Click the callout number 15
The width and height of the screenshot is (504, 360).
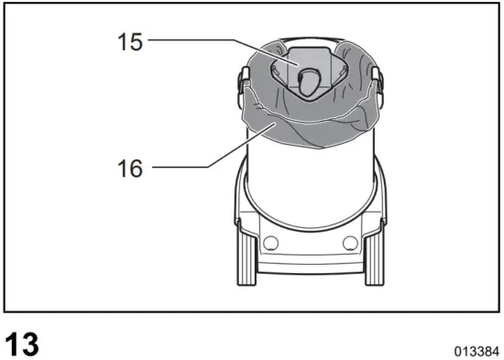(x=130, y=41)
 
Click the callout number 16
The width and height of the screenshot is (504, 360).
(x=130, y=168)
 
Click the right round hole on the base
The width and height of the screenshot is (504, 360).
(x=349, y=242)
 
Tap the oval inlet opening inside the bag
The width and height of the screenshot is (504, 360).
(x=309, y=83)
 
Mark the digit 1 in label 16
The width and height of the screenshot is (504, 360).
(x=123, y=168)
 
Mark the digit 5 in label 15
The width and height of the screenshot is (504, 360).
(x=137, y=41)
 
